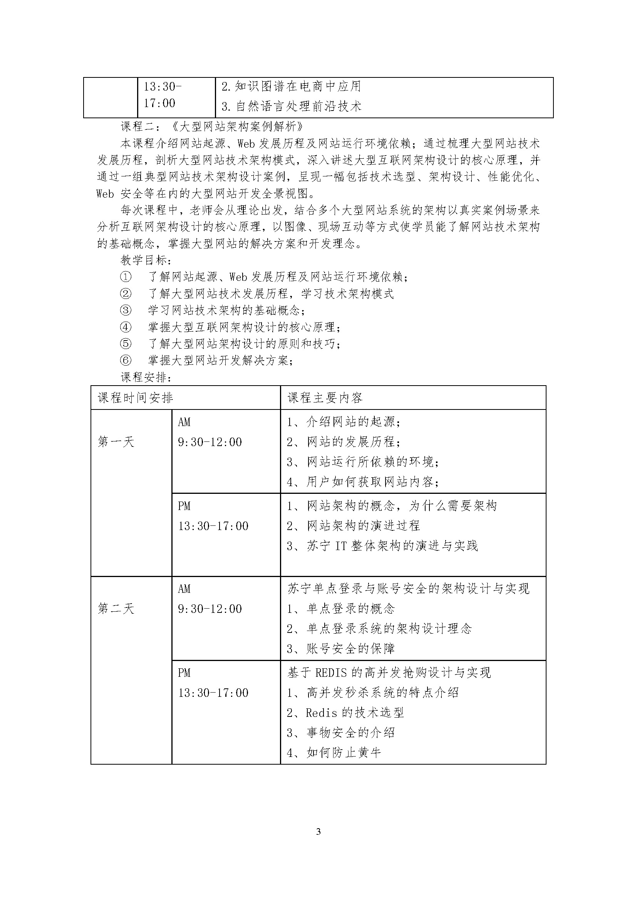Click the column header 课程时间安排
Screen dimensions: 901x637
[135, 398]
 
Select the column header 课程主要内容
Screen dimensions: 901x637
[325, 398]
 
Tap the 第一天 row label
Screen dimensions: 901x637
[116, 442]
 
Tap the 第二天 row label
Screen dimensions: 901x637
[116, 609]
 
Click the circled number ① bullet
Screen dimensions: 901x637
[126, 277]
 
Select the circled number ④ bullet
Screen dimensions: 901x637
[126, 327]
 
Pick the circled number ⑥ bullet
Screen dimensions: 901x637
[126, 360]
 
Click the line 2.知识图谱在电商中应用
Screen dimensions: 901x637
[291, 86]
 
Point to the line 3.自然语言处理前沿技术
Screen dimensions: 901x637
[292, 106]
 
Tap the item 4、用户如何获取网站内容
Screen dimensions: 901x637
[362, 482]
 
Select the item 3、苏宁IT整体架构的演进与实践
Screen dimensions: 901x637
[382, 546]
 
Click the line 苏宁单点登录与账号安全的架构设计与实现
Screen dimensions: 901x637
[408, 589]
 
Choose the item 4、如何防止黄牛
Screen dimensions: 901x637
[334, 753]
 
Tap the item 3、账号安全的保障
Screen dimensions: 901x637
[340, 649]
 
